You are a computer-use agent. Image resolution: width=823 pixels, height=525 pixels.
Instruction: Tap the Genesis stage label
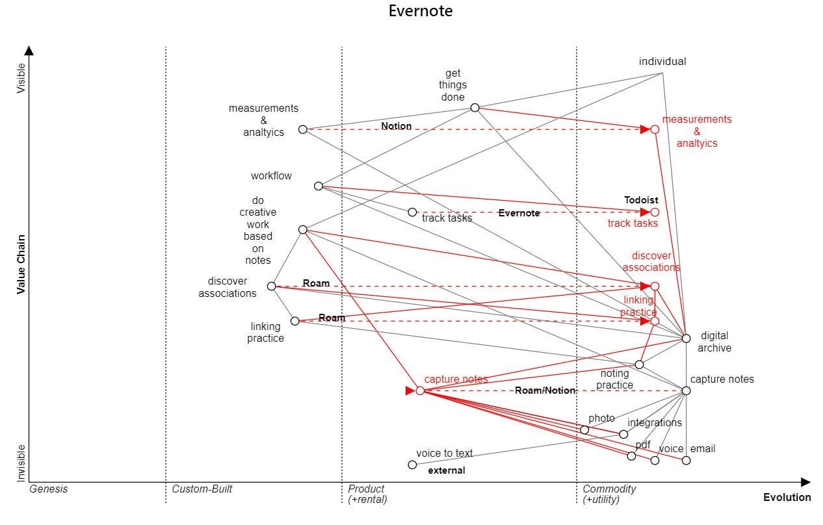pyautogui.click(x=48, y=489)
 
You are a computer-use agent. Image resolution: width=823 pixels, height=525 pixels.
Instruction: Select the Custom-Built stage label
pyautogui.click(x=202, y=489)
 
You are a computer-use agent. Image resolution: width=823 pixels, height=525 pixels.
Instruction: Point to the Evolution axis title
pyautogui.click(x=787, y=498)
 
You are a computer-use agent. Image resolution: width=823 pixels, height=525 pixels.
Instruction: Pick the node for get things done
pyautogui.click(x=475, y=108)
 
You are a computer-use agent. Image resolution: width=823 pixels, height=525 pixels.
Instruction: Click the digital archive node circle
pyautogui.click(x=686, y=338)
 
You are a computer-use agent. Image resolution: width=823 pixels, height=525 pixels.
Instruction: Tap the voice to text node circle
pyautogui.click(x=412, y=465)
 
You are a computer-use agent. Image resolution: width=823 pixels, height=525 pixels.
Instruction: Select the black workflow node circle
pyautogui.click(x=319, y=186)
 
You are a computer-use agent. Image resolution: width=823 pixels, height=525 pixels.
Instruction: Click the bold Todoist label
pyautogui.click(x=641, y=200)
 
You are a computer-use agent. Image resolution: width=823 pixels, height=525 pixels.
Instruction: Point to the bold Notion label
pyautogui.click(x=397, y=126)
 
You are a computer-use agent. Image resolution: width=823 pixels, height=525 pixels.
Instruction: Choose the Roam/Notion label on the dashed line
pyautogui.click(x=545, y=391)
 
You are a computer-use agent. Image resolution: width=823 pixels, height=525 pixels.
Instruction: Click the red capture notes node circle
pyautogui.click(x=420, y=391)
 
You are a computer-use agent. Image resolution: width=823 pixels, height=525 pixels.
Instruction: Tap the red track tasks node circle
pyautogui.click(x=655, y=212)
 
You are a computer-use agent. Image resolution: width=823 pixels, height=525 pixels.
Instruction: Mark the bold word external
pyautogui.click(x=447, y=470)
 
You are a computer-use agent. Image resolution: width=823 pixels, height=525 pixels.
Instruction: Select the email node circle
pyautogui.click(x=686, y=461)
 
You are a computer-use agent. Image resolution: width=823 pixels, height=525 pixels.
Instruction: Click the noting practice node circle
pyautogui.click(x=639, y=365)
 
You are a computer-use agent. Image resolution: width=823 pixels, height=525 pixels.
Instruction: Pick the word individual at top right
pyautogui.click(x=662, y=62)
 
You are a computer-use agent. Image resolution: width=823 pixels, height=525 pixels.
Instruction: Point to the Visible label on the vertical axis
pyautogui.click(x=21, y=78)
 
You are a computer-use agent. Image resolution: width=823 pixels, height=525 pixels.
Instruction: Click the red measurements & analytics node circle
pyautogui.click(x=655, y=129)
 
